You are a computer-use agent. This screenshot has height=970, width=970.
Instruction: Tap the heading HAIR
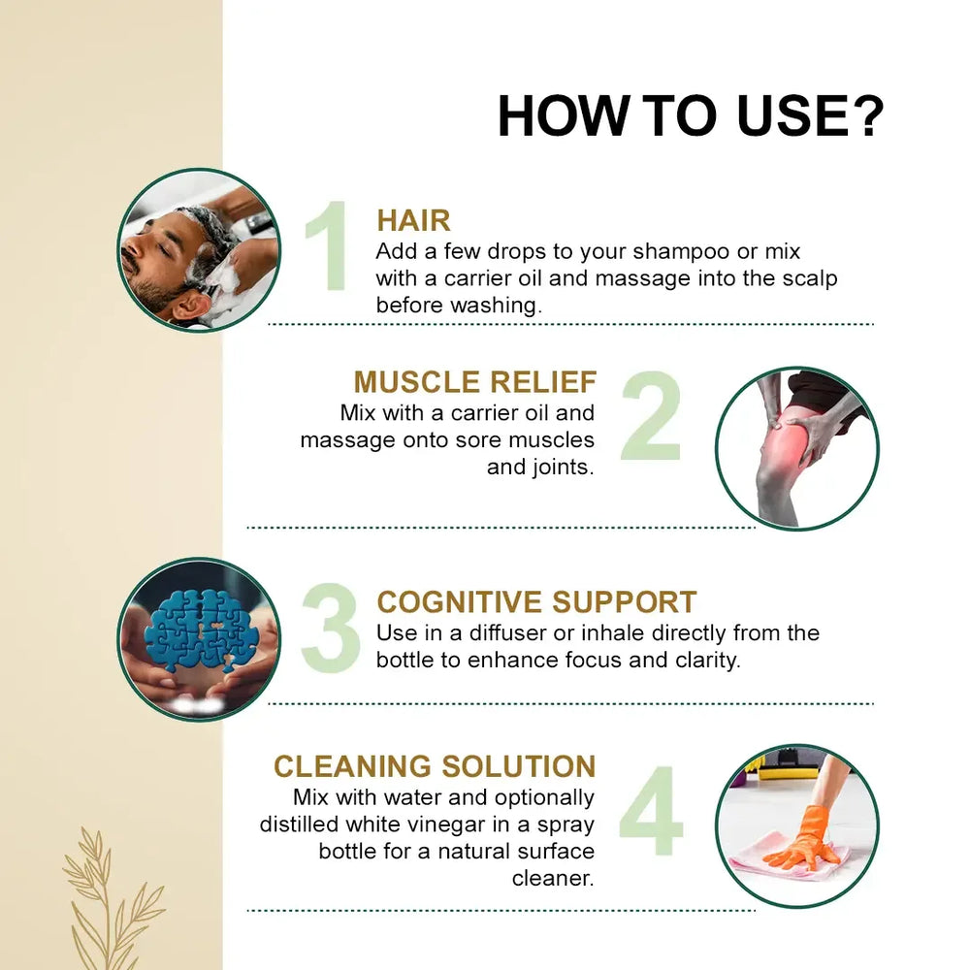tap(413, 220)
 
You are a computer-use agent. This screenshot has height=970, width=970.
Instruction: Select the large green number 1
tap(329, 245)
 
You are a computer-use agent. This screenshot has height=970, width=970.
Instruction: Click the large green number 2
tap(651, 415)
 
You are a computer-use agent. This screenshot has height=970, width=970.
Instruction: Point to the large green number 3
tap(331, 628)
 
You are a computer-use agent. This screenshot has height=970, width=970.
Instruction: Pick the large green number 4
tap(651, 810)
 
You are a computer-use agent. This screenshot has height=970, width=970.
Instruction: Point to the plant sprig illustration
tap(113, 898)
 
